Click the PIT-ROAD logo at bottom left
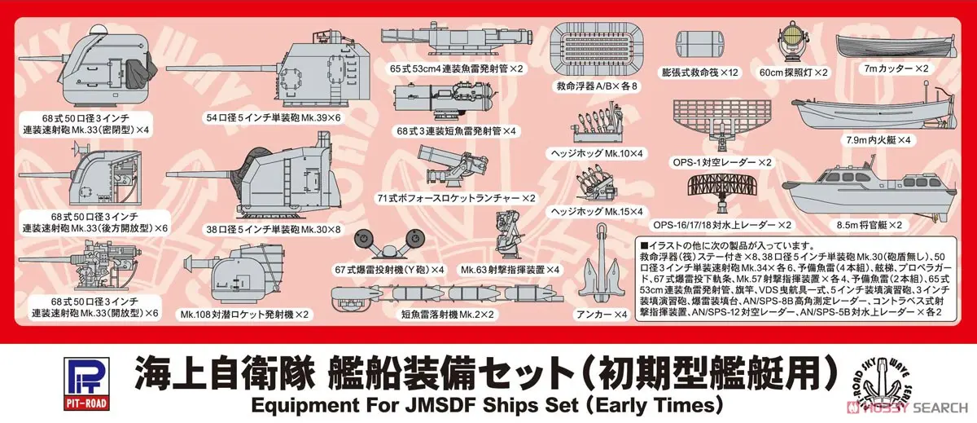pyautogui.click(x=86, y=384)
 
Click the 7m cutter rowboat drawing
pyautogui.click(x=896, y=47)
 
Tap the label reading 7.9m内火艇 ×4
pyautogui.click(x=878, y=140)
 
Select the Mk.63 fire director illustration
pyautogui.click(x=509, y=236)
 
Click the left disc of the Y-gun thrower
pyautogui.click(x=364, y=240)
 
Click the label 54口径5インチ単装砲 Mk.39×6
pyautogui.click(x=273, y=118)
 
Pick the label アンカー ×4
pyautogui.click(x=602, y=315)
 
